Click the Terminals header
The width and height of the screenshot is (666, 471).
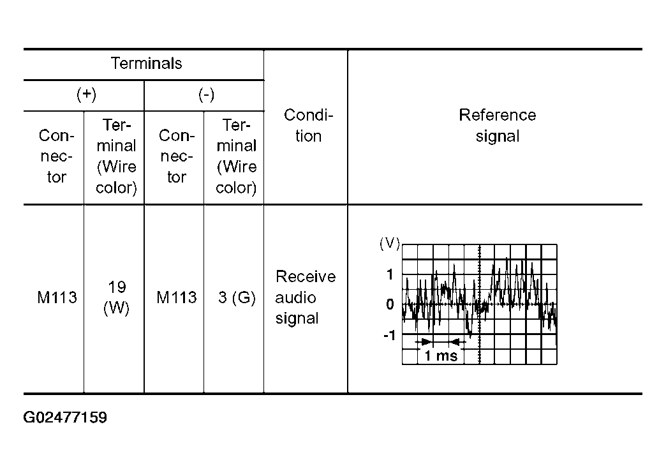click(147, 63)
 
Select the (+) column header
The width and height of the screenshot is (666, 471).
click(86, 94)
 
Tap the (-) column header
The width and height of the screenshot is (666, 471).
click(207, 94)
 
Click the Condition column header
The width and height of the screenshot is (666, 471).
click(308, 125)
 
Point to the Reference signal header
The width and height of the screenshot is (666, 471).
click(498, 125)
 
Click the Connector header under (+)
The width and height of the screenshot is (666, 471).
click(57, 156)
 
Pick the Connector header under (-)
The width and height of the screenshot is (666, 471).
click(177, 156)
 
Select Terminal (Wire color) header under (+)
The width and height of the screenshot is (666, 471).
click(116, 156)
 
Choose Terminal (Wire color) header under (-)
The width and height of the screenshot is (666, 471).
click(236, 156)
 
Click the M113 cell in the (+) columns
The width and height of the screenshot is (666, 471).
click(57, 297)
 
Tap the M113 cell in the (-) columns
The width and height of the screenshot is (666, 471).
click(177, 297)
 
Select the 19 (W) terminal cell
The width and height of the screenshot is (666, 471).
click(116, 297)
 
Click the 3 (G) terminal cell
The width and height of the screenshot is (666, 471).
click(237, 297)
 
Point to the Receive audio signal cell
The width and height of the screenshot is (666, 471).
click(306, 297)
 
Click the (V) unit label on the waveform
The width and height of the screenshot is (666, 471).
click(390, 244)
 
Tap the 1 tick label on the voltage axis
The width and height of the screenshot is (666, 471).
click(390, 274)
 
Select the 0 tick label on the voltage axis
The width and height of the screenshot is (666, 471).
click(390, 304)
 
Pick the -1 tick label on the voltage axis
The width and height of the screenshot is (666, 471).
click(389, 335)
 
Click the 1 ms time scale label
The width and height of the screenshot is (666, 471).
click(441, 355)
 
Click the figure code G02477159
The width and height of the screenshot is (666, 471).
click(65, 417)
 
